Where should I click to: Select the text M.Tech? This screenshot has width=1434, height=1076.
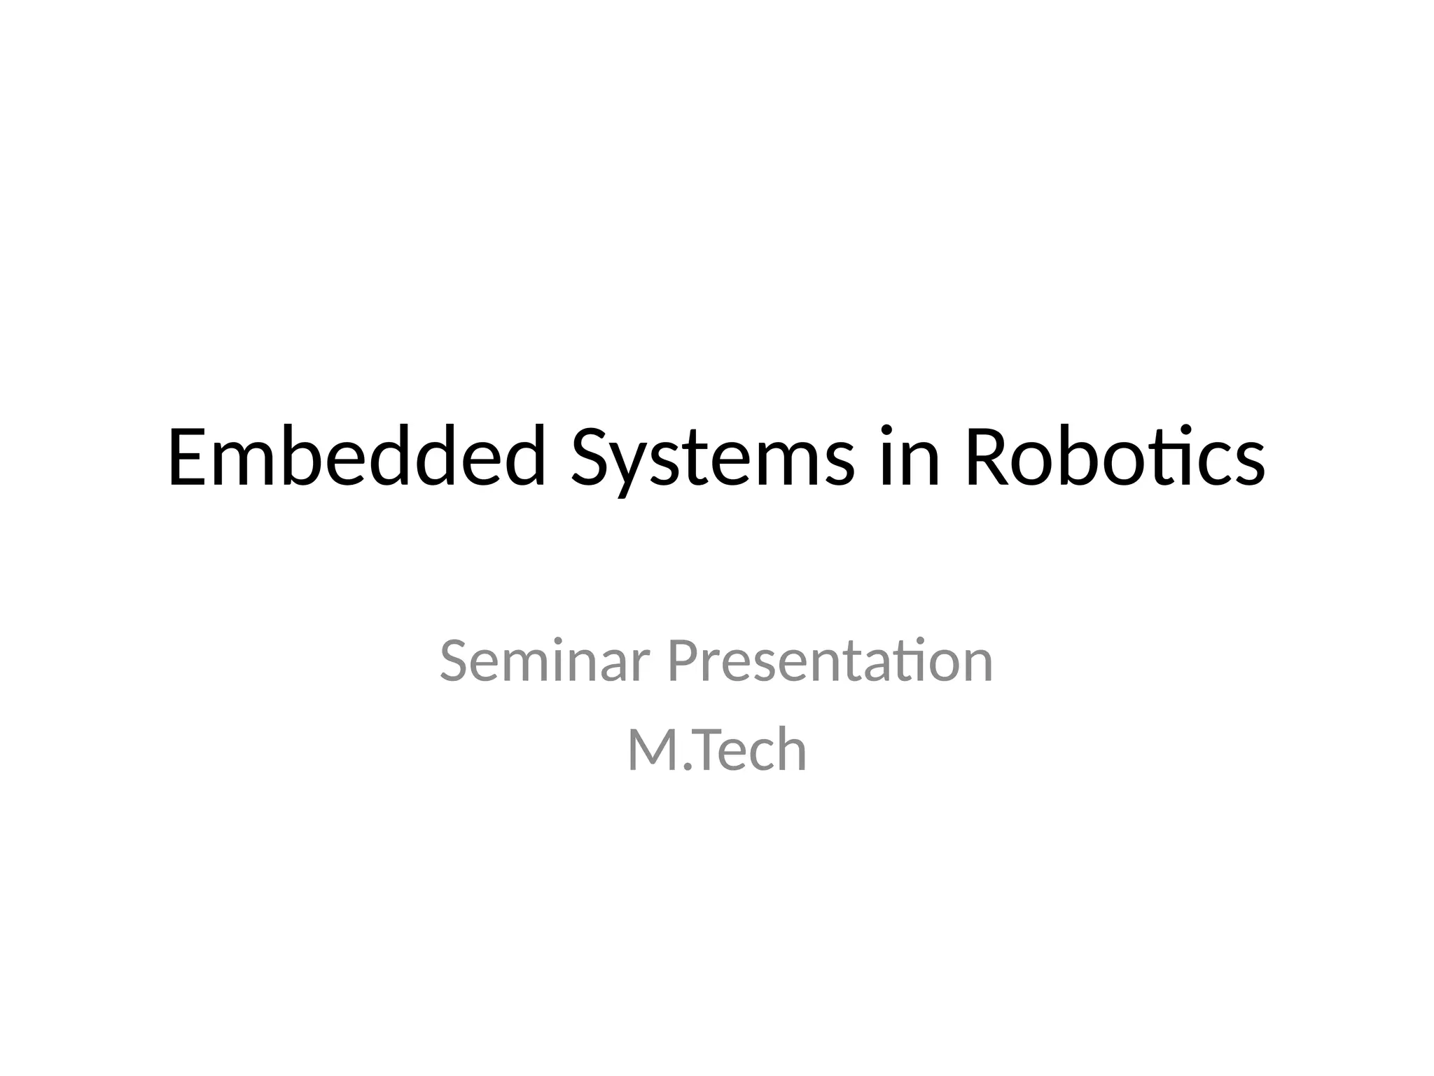click(x=717, y=750)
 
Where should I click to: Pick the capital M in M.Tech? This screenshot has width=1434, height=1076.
click(x=651, y=750)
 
